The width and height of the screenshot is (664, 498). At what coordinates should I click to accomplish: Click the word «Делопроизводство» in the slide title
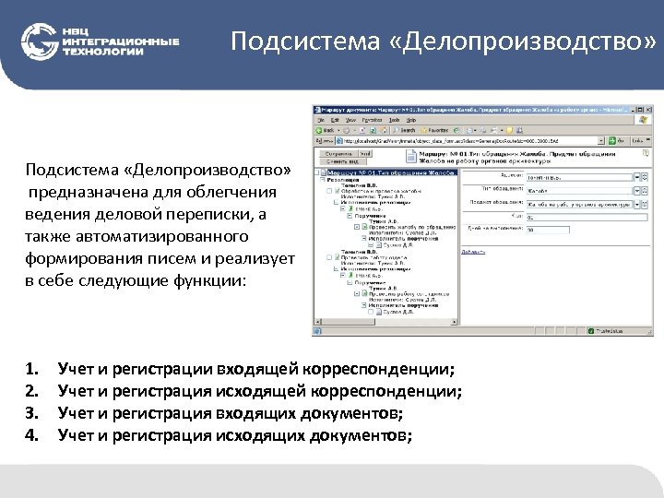point(522,41)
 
